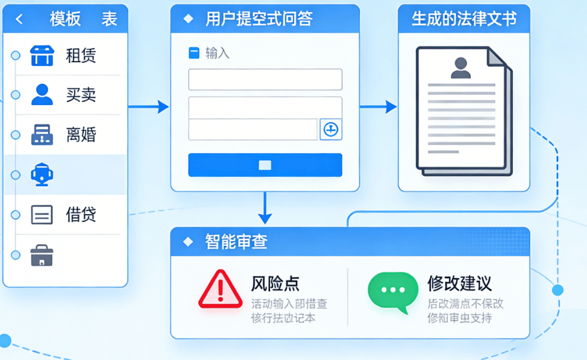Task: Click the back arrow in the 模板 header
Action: pyautogui.click(x=19, y=19)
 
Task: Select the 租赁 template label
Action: pyautogui.click(x=81, y=56)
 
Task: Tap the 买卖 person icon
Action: pyautogui.click(x=42, y=95)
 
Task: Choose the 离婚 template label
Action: pyautogui.click(x=81, y=134)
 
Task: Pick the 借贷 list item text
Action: pyautogui.click(x=81, y=215)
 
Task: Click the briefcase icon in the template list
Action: pyautogui.click(x=42, y=255)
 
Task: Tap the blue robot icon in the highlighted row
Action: pyautogui.click(x=42, y=175)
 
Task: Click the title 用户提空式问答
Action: pyautogui.click(x=259, y=19)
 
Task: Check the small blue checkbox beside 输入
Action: pyautogui.click(x=194, y=53)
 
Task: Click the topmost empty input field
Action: pyautogui.click(x=265, y=80)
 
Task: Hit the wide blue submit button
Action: pyautogui.click(x=265, y=165)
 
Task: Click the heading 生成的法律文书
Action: pyautogui.click(x=464, y=19)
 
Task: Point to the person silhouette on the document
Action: pyautogui.click(x=461, y=67)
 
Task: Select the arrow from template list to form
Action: pyautogui.click(x=148, y=107)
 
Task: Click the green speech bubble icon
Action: pyautogui.click(x=393, y=291)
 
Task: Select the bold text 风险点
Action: pyautogui.click(x=275, y=283)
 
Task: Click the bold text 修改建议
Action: pyautogui.click(x=459, y=283)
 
